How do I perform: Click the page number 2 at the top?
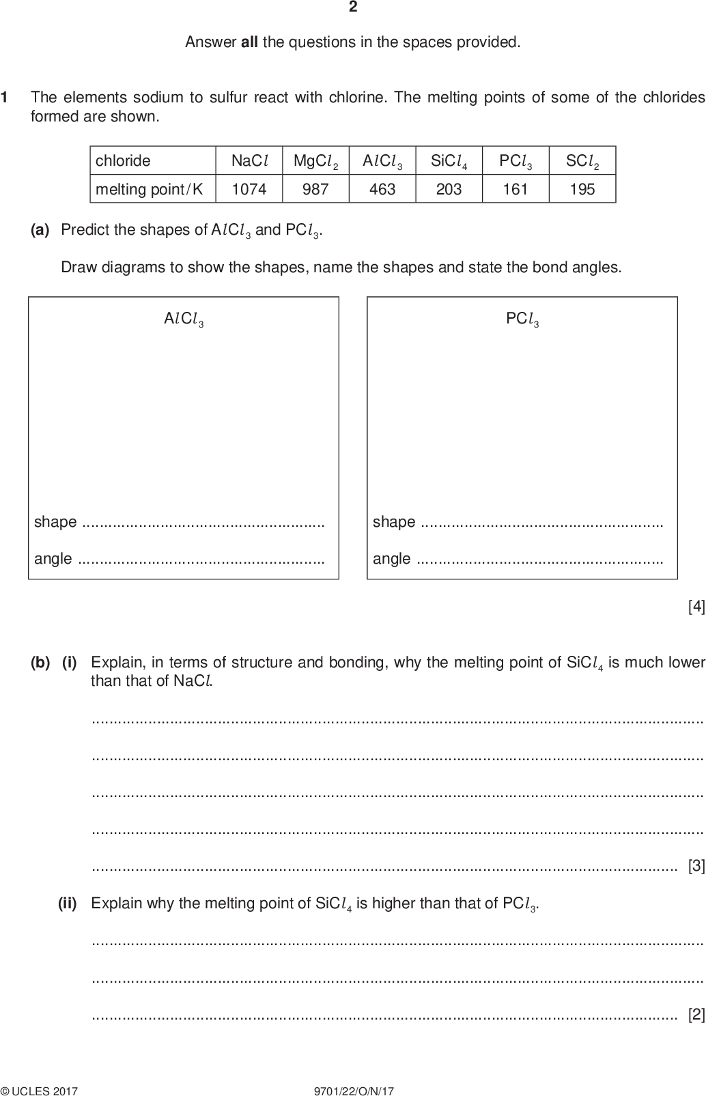coord(353,8)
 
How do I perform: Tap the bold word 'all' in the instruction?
coord(249,42)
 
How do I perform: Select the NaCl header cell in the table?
coord(249,161)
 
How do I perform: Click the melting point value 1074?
coord(249,189)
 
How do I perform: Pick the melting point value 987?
coord(315,189)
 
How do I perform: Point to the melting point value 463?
coord(382,189)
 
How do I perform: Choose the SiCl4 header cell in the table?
coord(449,161)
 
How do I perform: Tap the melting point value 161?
coord(516,189)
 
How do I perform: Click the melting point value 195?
coord(582,189)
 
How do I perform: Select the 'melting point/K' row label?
coord(150,189)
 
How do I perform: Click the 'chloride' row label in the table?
coord(123,161)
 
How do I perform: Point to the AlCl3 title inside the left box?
coord(184,319)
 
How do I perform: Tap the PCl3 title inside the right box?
coord(522,319)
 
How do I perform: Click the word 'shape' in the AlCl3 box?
coord(55,522)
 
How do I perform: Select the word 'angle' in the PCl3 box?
coord(392,559)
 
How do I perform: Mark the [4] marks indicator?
coord(696,606)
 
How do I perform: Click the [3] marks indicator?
coord(696,866)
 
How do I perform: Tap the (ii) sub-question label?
coord(67,904)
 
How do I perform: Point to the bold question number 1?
coord(5,98)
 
